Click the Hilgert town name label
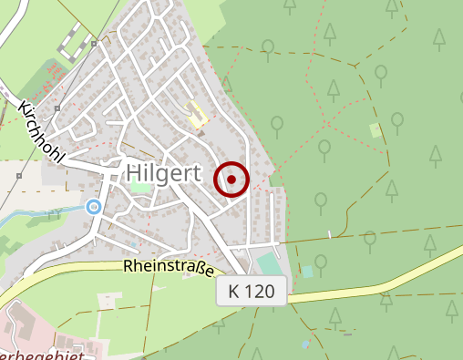pyautogui.click(x=164, y=173)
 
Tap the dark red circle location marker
pyautogui.click(x=231, y=180)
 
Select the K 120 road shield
pyautogui.click(x=252, y=293)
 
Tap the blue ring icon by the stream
pyautogui.click(x=93, y=207)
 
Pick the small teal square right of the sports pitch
pyautogui.click(x=307, y=272)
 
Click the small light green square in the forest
pyautogui.click(x=376, y=129)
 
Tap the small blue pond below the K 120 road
pyautogui.click(x=305, y=344)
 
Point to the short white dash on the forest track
pyautogui.click(x=328, y=235)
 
